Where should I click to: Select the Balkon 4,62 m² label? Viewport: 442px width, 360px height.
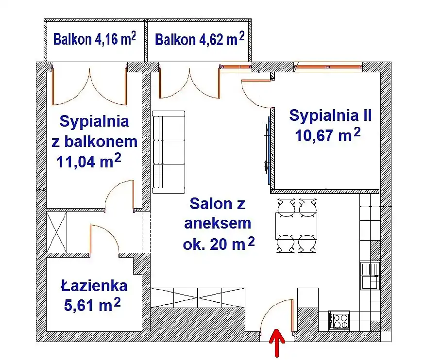(200, 39)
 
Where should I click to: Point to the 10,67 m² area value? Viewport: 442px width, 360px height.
(328, 135)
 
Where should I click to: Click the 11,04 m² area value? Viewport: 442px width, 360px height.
(89, 161)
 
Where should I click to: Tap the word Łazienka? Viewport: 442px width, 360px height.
(94, 286)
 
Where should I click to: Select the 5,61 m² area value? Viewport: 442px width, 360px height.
(92, 305)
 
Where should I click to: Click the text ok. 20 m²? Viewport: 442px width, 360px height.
(219, 244)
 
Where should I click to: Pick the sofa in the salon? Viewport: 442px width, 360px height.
(169, 152)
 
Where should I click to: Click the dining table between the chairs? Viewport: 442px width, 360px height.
(296, 226)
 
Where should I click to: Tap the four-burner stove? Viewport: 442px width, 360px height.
(339, 321)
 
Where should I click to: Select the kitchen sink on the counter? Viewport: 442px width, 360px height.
(370, 276)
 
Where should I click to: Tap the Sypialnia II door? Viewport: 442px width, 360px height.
(257, 94)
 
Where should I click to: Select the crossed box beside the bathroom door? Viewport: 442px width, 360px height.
(57, 232)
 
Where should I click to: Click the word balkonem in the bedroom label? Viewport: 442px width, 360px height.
(101, 142)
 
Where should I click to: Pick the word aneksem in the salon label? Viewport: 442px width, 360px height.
(217, 224)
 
